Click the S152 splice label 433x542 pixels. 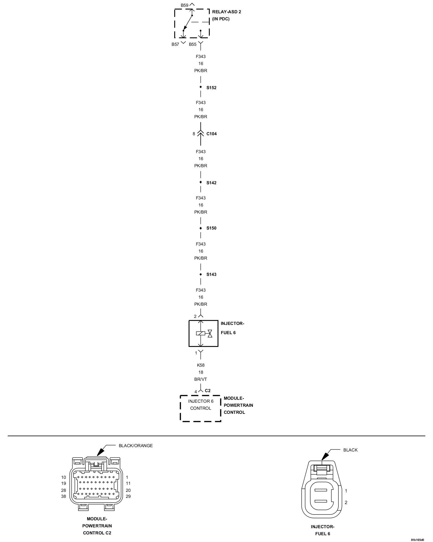click(211, 88)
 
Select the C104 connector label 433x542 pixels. click(211, 134)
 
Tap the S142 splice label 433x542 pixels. click(211, 183)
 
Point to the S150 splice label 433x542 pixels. click(211, 228)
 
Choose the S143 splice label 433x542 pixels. click(211, 275)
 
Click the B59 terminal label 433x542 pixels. click(184, 5)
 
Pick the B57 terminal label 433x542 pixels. click(175, 44)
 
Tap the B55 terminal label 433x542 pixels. click(192, 44)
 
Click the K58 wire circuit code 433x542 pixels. click(201, 365)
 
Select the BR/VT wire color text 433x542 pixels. click(201, 379)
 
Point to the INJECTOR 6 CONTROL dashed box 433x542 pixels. click(201, 408)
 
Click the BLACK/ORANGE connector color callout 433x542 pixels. click(136, 446)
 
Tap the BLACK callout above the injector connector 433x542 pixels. click(350, 450)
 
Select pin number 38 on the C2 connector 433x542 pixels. click(63, 496)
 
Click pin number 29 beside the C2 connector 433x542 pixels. click(128, 496)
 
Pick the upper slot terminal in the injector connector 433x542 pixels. click(321, 490)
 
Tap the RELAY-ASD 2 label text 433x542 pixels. click(226, 12)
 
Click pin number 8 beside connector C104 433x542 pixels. click(194, 134)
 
